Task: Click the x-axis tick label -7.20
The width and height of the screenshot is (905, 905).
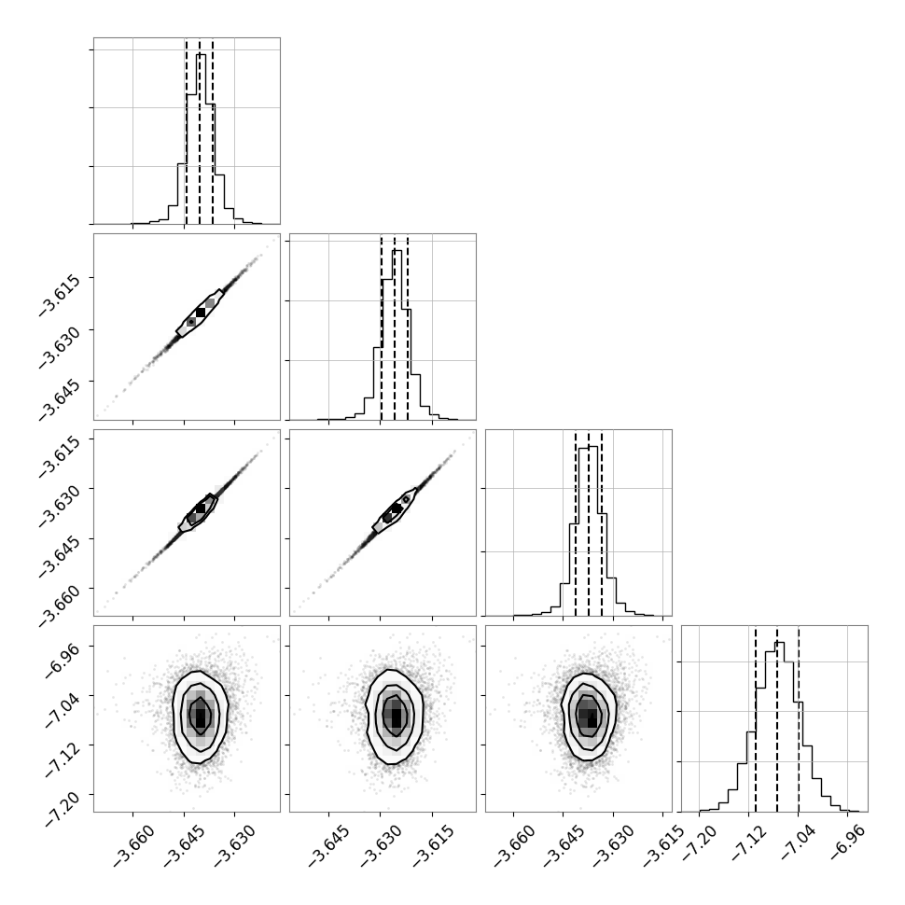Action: pos(699,842)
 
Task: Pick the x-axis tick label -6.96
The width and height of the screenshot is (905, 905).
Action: pos(847,842)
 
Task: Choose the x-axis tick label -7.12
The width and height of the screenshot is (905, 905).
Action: pos(748,842)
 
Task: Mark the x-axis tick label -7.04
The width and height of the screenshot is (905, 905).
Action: pos(798,842)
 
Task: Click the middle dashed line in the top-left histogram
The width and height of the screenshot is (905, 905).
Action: pos(200,131)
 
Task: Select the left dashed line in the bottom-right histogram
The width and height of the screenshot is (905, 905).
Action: pos(756,718)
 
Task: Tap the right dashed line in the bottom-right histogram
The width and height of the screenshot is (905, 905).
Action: pos(799,718)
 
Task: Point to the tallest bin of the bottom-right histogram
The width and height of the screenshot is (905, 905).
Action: pos(779,727)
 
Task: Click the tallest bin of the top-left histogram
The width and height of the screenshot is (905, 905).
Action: pos(201,139)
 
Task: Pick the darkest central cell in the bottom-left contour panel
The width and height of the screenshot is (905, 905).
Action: pos(201,717)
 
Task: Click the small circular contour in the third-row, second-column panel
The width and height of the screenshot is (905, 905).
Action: pos(407,499)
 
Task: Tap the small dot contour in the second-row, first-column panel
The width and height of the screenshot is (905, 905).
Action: pos(191,322)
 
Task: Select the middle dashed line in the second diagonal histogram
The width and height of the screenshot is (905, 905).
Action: pos(395,327)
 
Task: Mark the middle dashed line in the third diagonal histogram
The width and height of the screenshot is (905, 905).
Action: pos(589,522)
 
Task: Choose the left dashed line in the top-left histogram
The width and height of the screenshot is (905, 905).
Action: pos(187,131)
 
